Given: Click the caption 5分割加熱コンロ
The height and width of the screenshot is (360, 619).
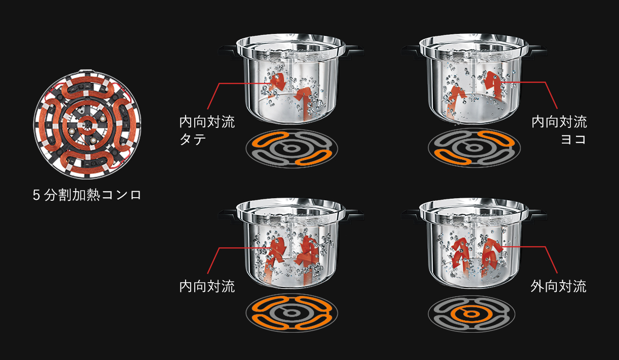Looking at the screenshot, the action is pyautogui.click(x=87, y=195).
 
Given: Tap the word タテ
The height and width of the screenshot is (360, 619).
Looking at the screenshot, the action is pyautogui.click(x=193, y=139).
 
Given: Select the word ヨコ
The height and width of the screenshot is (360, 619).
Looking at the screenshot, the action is pyautogui.click(x=573, y=139).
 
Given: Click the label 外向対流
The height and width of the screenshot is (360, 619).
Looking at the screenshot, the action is pyautogui.click(x=558, y=286).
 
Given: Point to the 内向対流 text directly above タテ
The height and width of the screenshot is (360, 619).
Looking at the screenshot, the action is pyautogui.click(x=207, y=122).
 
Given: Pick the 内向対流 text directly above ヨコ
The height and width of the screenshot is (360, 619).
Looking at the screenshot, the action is pyautogui.click(x=559, y=122).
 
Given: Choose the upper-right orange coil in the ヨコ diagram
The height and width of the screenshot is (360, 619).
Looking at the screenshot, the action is pyautogui.click(x=496, y=139).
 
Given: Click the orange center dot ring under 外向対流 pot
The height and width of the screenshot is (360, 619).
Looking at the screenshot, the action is pyautogui.click(x=471, y=314).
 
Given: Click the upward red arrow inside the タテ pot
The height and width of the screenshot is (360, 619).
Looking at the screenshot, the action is pyautogui.click(x=303, y=102).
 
